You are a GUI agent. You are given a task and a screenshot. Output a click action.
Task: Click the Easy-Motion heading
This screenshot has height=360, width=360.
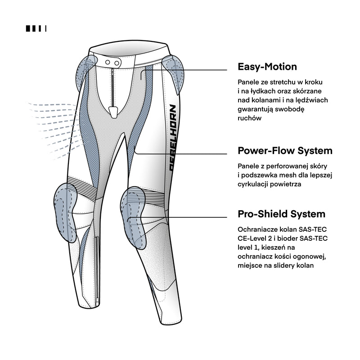[267, 67]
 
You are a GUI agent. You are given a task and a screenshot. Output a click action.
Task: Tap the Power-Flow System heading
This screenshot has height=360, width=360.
[285, 150]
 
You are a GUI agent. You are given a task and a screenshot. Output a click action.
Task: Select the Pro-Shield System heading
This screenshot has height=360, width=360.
[281, 214]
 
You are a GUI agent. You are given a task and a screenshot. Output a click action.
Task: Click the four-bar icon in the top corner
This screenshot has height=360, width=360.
[36, 28]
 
